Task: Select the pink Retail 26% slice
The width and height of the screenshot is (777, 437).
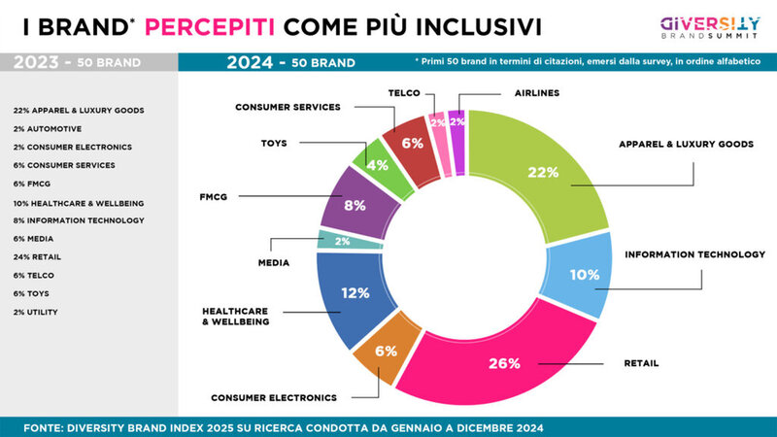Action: coord(505,364)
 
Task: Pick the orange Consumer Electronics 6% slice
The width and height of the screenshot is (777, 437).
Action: coord(386,352)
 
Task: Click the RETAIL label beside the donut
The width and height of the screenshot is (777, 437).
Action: coord(640,363)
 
